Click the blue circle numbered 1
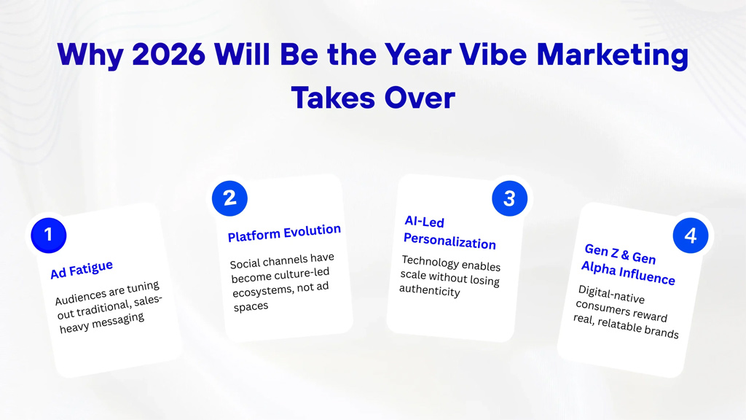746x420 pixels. (x=49, y=234)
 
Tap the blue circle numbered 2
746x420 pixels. (x=229, y=198)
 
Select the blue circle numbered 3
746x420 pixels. (x=509, y=198)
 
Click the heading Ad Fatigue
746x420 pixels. (x=82, y=269)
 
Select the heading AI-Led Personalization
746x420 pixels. (x=450, y=233)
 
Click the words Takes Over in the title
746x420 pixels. (x=373, y=97)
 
